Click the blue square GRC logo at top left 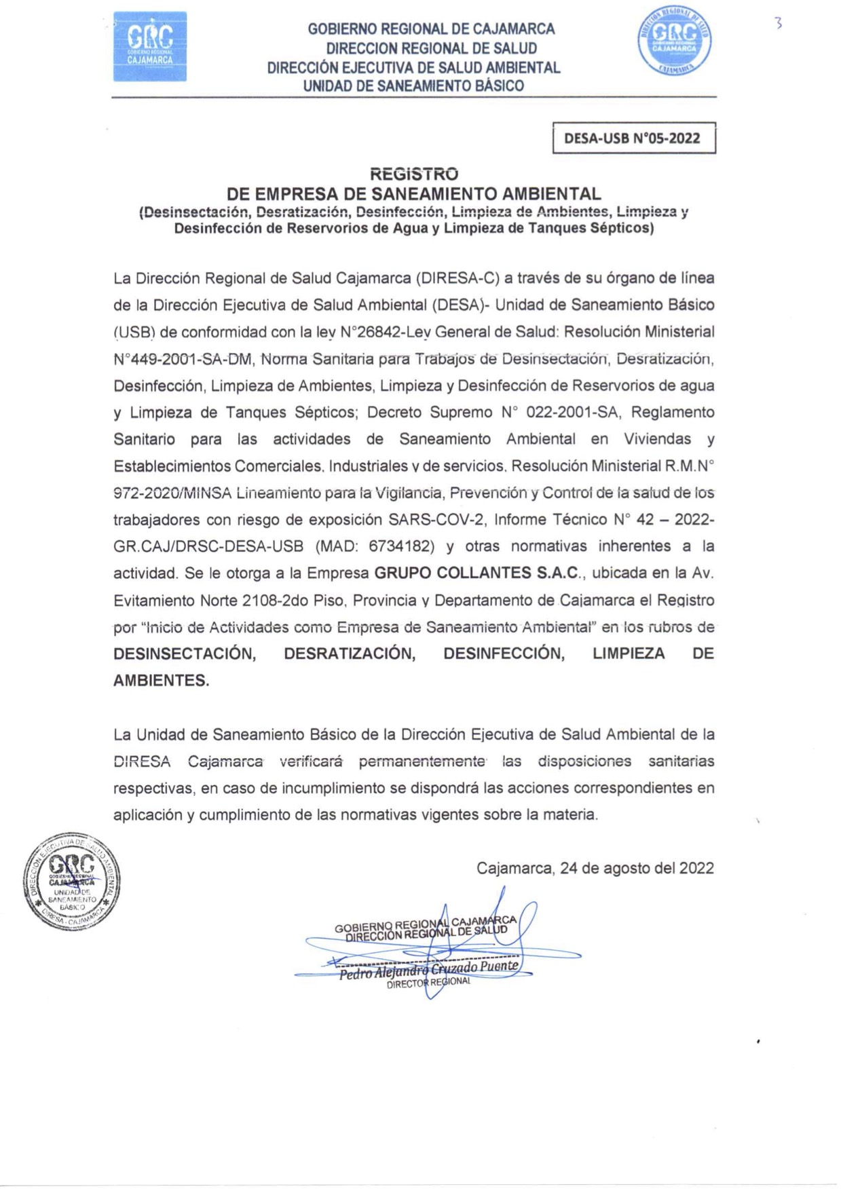coord(149,46)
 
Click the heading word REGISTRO coord(413,174)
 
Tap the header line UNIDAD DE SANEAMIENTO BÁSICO coord(413,86)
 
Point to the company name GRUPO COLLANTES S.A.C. coord(477,573)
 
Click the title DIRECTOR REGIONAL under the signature coord(428,983)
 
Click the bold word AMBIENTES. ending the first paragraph coord(162,681)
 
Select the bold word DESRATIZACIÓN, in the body coord(350,654)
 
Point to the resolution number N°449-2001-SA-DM coord(182,358)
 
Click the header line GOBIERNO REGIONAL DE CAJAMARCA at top coord(431,29)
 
